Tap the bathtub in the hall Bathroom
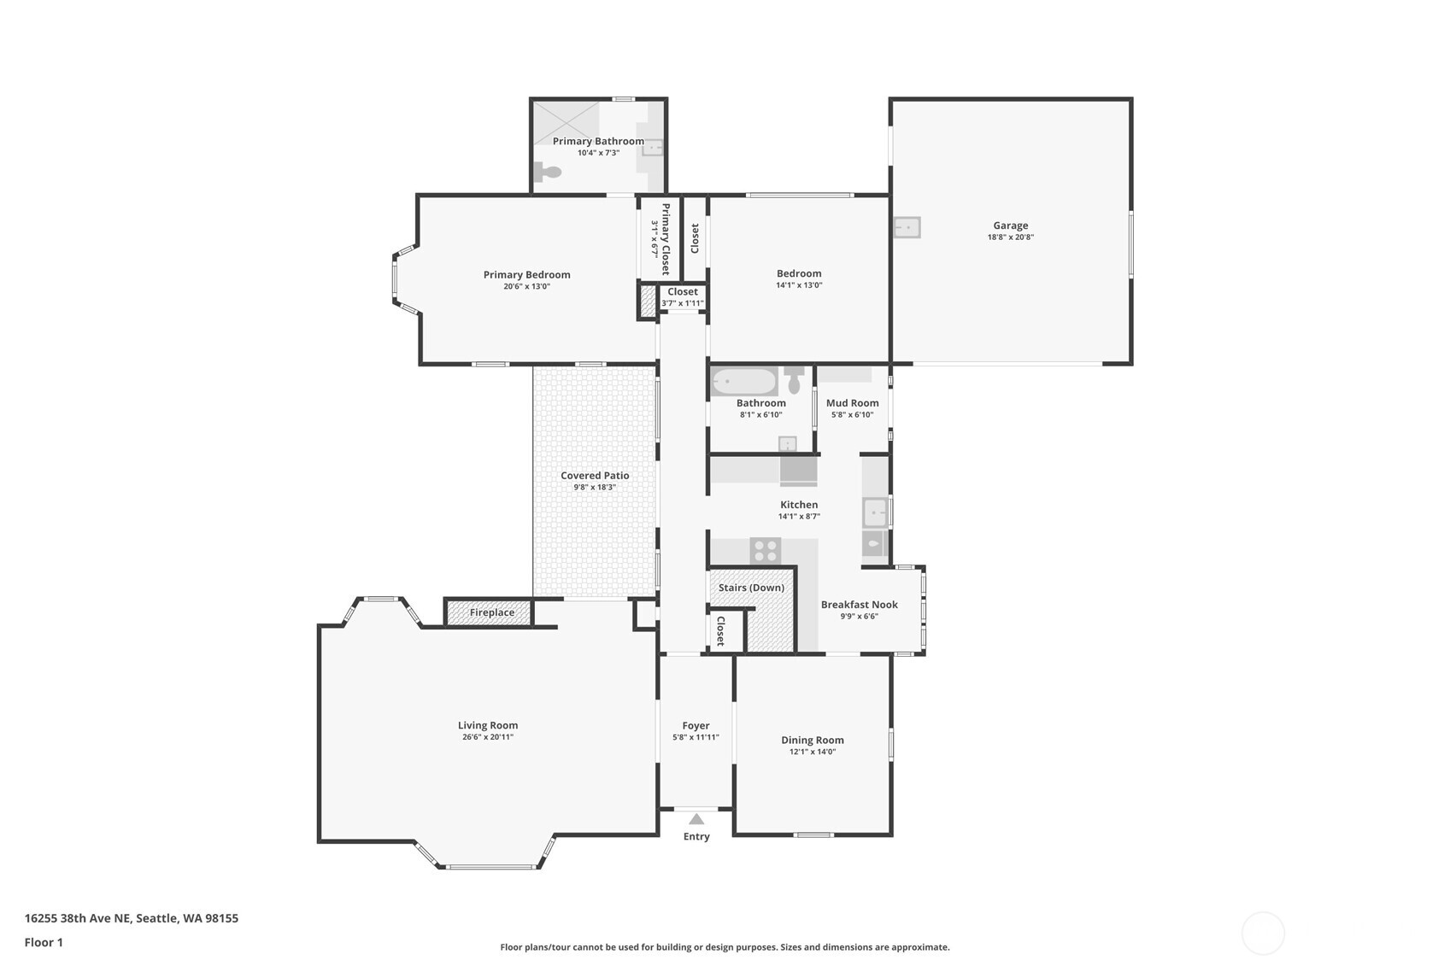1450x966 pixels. (744, 381)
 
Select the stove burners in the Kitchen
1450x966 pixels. (766, 550)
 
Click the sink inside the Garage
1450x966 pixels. (907, 227)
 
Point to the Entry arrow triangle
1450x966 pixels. (696, 819)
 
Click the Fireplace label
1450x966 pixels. (492, 612)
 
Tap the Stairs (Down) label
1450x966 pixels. (751, 588)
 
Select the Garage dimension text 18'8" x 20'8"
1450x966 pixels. (1010, 237)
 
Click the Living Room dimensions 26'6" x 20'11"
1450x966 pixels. (487, 737)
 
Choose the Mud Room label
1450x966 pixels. (852, 403)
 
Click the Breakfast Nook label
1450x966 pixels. (859, 605)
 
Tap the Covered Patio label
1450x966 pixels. (595, 476)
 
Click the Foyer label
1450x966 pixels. (696, 726)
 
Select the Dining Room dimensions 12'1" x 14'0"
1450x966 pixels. (812, 752)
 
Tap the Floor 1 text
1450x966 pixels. (44, 942)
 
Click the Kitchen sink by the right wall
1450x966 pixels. (875, 513)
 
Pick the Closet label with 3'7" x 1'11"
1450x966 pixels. (682, 292)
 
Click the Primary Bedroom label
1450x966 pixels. (526, 275)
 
